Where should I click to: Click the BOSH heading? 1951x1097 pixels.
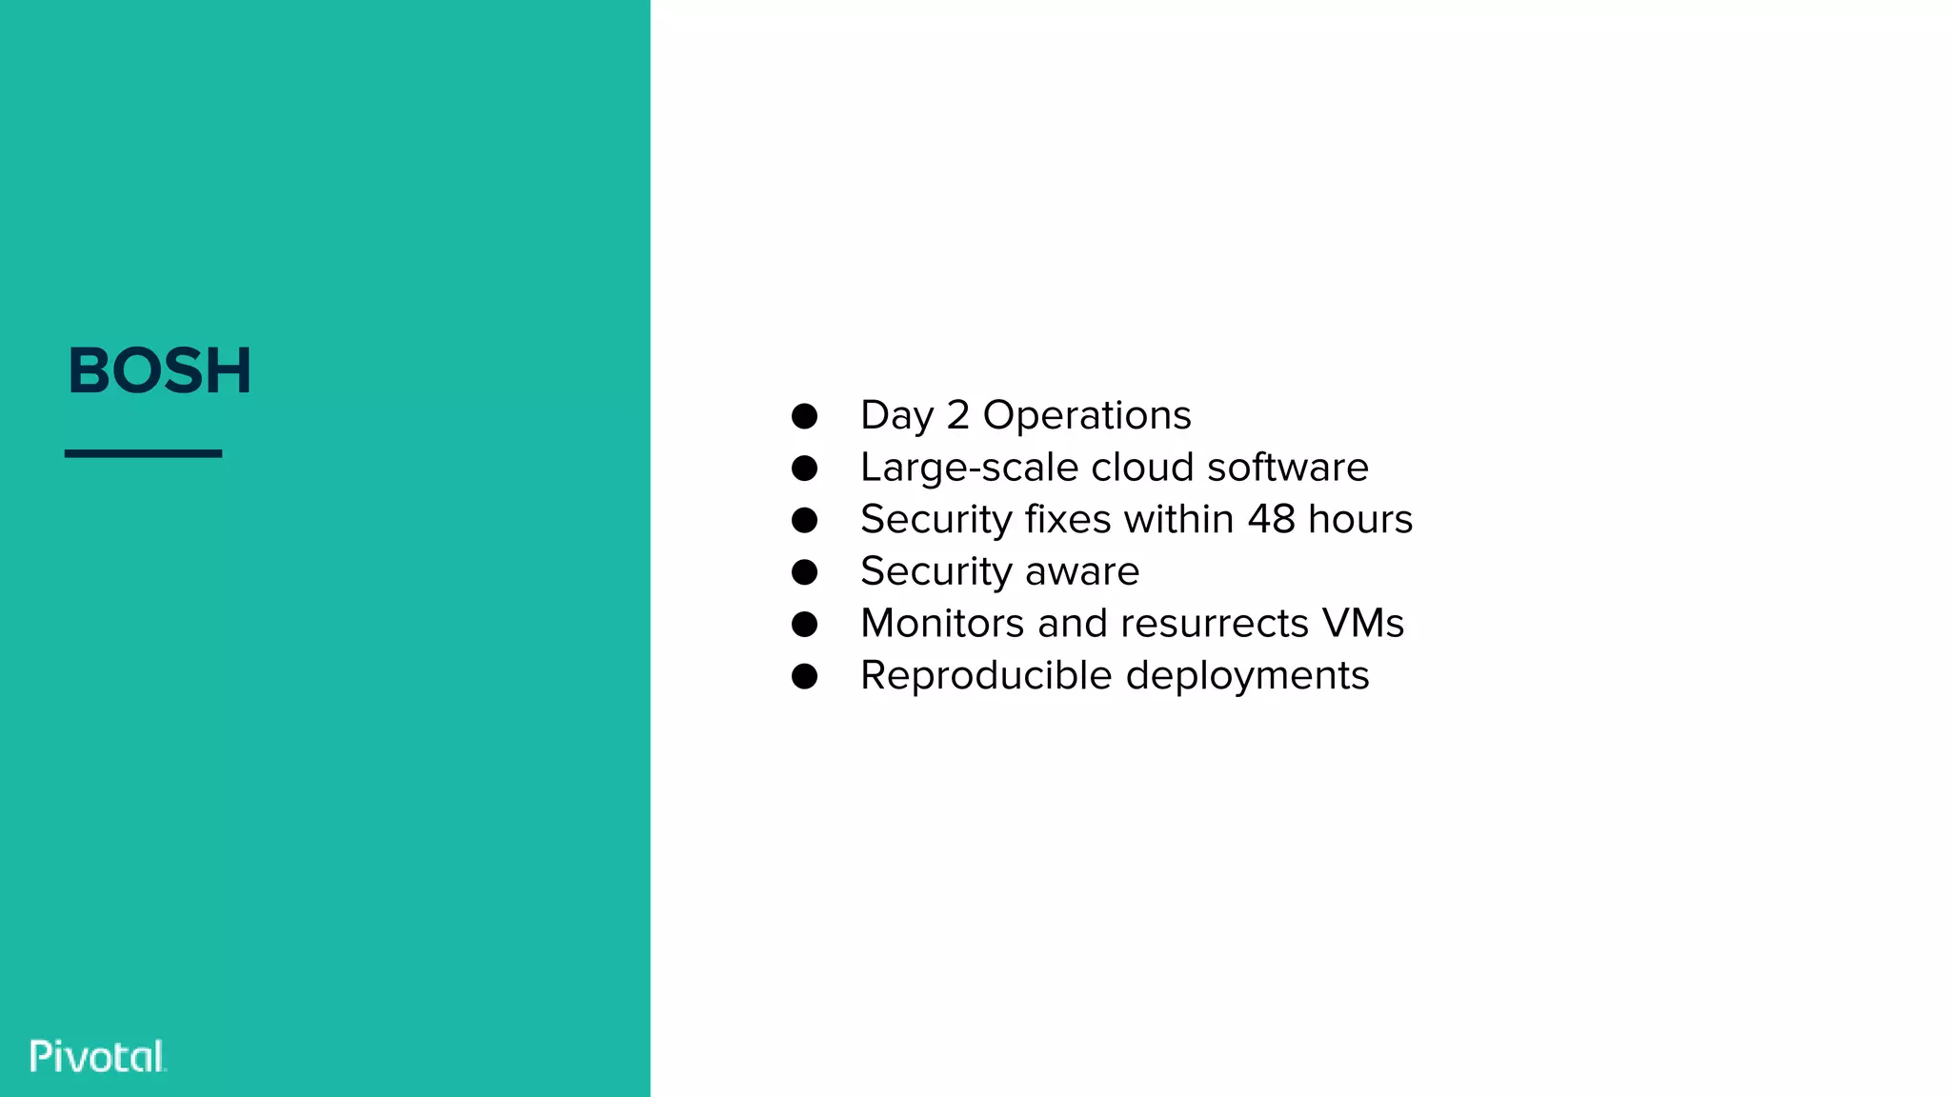[159, 370]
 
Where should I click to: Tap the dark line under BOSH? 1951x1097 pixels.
[143, 453]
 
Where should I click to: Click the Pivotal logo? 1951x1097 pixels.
[97, 1056]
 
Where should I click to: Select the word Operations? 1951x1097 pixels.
[1087, 416]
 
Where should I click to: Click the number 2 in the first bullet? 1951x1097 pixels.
[957, 415]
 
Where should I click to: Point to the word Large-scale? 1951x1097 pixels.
[969, 469]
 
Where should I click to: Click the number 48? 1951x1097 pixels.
[1272, 519]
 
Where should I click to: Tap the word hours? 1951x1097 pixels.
[1360, 519]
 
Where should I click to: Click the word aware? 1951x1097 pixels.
[1082, 571]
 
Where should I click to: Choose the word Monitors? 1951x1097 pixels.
[942, 624]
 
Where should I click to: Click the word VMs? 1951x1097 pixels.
[1363, 624]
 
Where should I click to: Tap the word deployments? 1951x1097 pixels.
[1248, 677]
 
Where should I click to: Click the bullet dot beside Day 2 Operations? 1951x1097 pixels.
[805, 416]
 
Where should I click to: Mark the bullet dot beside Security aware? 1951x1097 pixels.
[805, 572]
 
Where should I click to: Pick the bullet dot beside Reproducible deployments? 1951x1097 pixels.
[805, 676]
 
